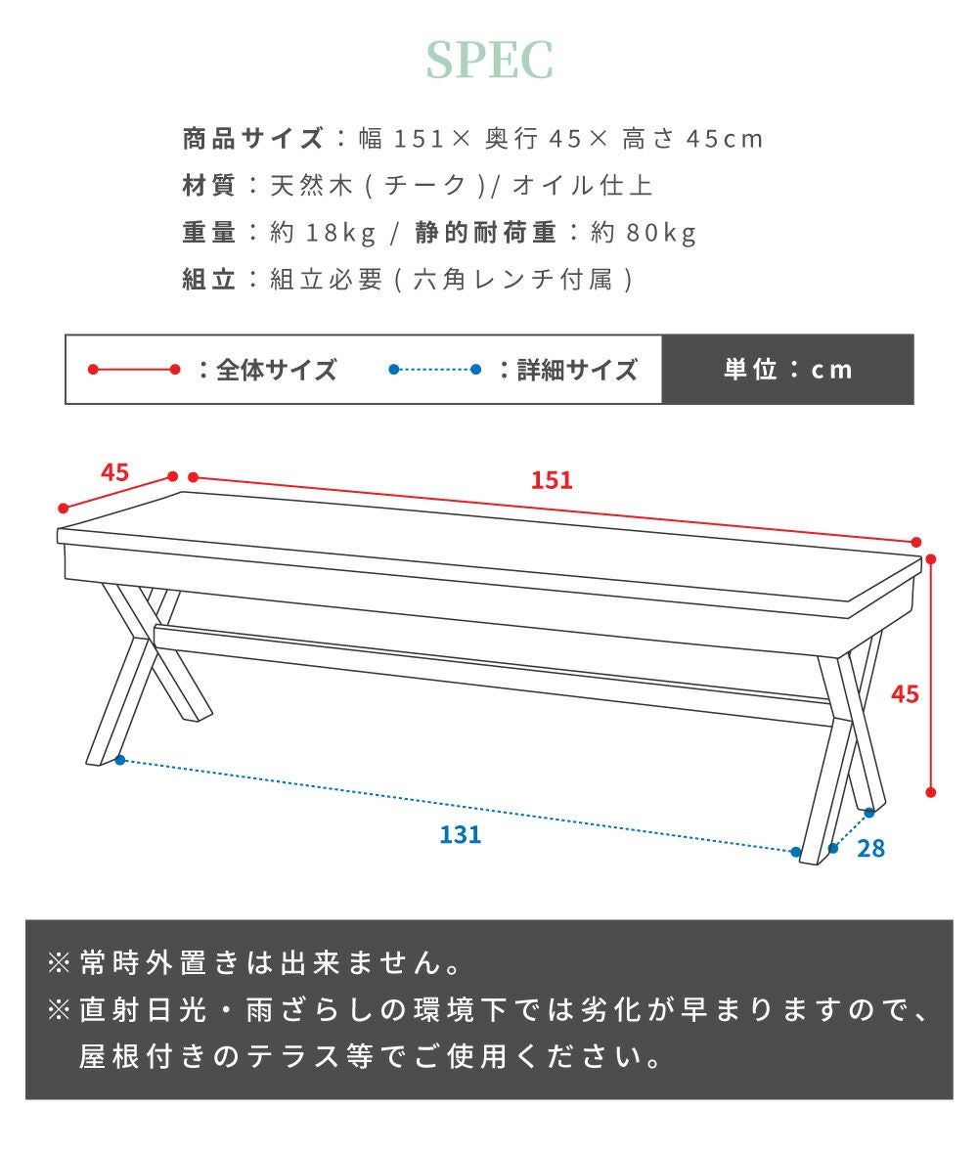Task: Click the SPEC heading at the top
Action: click(x=489, y=61)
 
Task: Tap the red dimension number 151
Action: click(x=552, y=480)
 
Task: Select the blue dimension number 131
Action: click(x=461, y=834)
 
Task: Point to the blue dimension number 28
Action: click(x=870, y=849)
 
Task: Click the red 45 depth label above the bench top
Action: click(x=114, y=472)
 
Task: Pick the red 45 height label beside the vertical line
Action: click(x=905, y=694)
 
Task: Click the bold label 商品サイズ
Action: click(x=252, y=138)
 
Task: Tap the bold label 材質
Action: click(x=209, y=185)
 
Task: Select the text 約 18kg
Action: click(x=324, y=233)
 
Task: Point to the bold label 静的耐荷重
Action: click(x=485, y=233)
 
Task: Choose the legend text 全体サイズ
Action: click(x=277, y=370)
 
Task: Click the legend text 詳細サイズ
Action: click(x=577, y=370)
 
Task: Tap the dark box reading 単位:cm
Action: click(x=787, y=369)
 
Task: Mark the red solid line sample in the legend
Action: click(x=134, y=369)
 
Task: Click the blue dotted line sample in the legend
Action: click(x=435, y=369)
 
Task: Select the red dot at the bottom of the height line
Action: click(x=931, y=792)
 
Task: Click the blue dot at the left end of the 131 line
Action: click(x=120, y=760)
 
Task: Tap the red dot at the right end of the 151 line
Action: click(x=916, y=542)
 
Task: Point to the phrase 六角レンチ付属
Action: click(x=513, y=280)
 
